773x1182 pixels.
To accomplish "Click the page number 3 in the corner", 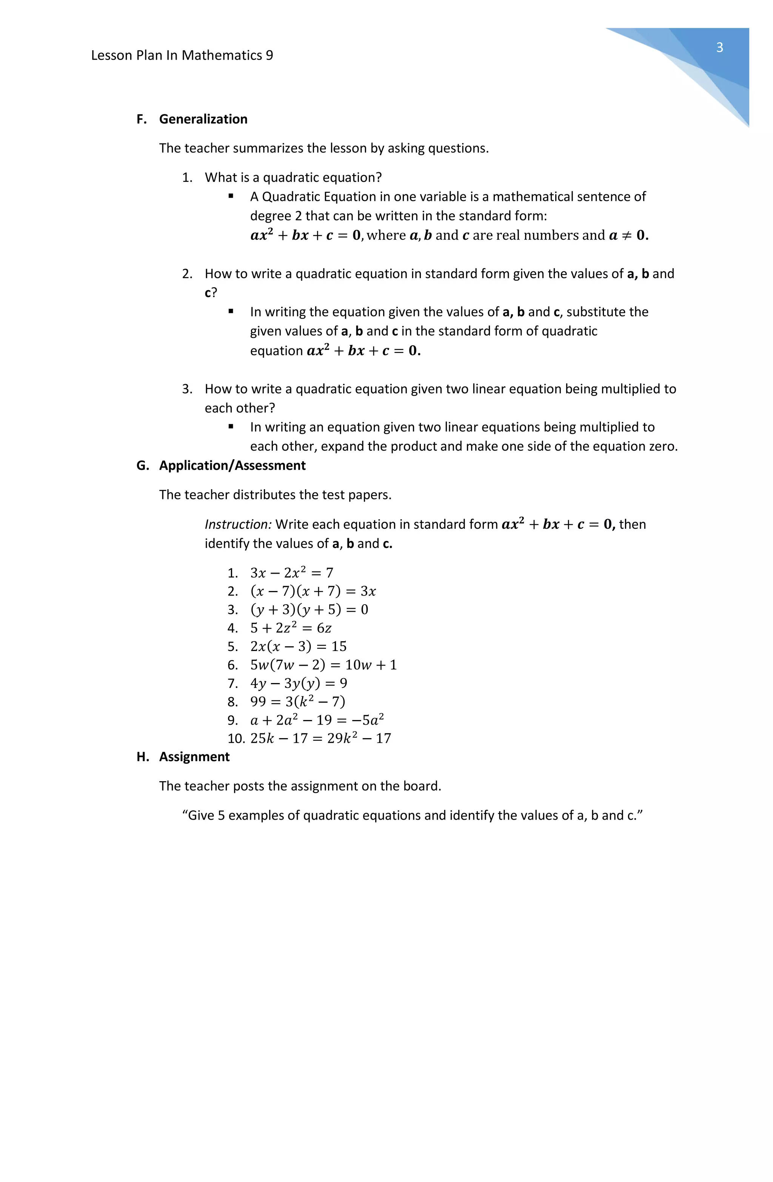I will coord(719,48).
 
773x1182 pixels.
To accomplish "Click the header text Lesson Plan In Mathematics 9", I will coord(182,55).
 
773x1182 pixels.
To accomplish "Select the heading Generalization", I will coord(203,119).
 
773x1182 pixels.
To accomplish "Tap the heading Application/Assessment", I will coord(232,465).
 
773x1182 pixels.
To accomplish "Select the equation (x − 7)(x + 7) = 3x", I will coord(313,591).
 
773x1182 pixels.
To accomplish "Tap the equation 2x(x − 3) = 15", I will coord(298,646).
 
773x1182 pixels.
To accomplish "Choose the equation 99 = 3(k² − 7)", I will coord(297,701).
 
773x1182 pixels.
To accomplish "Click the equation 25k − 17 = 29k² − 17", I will coord(320,738).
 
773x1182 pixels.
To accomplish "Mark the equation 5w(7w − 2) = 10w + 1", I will coord(323,665).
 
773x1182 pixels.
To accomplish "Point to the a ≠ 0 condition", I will coord(628,235).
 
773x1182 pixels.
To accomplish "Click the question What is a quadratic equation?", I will coord(293,177).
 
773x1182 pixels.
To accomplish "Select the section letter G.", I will coord(142,465).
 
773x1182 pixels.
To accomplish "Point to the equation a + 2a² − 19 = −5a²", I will coord(317,720).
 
